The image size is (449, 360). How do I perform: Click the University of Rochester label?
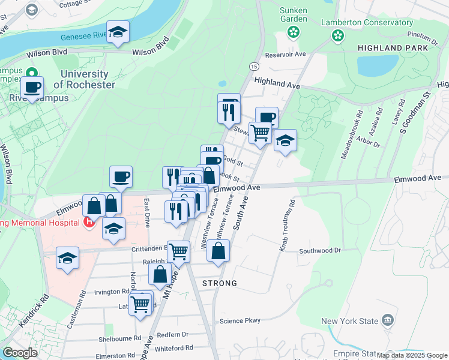(88, 79)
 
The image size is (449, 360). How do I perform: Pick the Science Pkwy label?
(240, 320)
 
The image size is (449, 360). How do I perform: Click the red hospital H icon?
(89, 223)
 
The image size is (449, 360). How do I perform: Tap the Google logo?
(20, 353)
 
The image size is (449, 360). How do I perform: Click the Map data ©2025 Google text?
(411, 355)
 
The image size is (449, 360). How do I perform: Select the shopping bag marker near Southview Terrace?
(218, 251)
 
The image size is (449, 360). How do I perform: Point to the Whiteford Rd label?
(173, 347)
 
